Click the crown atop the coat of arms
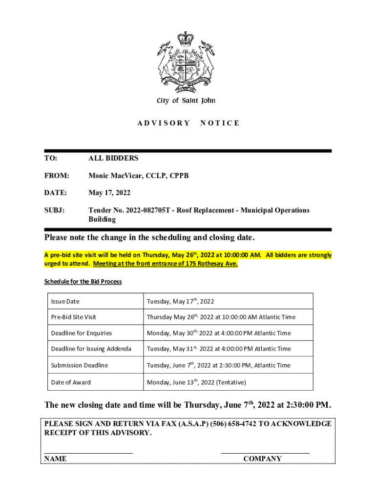point(186,38)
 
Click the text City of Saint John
point(186,101)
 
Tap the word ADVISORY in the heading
point(164,123)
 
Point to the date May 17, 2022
point(109,193)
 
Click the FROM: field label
point(57,175)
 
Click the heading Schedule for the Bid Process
point(83,282)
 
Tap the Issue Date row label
point(65,301)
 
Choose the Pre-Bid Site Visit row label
point(74,317)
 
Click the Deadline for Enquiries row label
point(82,333)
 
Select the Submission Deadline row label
point(80,365)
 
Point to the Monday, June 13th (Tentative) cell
point(196,382)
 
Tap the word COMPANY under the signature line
point(262,458)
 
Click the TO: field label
point(51,158)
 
